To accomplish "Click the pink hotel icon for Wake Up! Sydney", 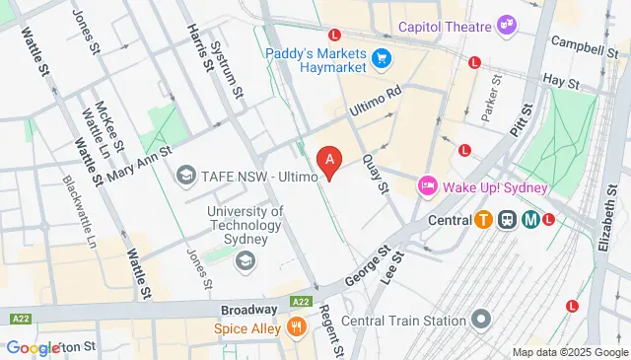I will [x=428, y=184].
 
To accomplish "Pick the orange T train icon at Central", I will [x=484, y=220].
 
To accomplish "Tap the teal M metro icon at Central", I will [x=530, y=220].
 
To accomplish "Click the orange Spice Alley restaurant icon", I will [x=296, y=326].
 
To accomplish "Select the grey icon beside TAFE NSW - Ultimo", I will [x=184, y=177].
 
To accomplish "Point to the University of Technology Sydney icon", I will [x=245, y=260].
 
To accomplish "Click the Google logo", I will [x=33, y=347].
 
